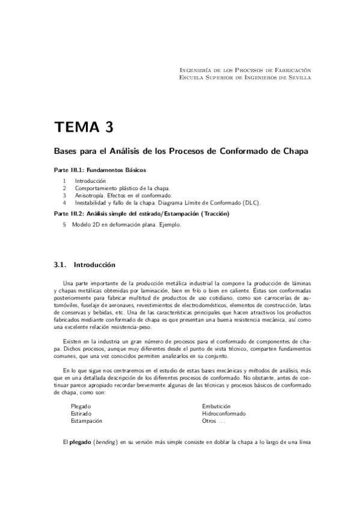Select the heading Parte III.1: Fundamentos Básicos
(100, 170)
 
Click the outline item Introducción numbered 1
(90, 180)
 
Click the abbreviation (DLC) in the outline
(250, 203)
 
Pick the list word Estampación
(87, 421)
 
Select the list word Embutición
(216, 407)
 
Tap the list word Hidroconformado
(224, 414)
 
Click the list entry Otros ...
(210, 421)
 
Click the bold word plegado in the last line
(81, 443)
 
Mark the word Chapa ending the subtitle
(296, 152)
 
